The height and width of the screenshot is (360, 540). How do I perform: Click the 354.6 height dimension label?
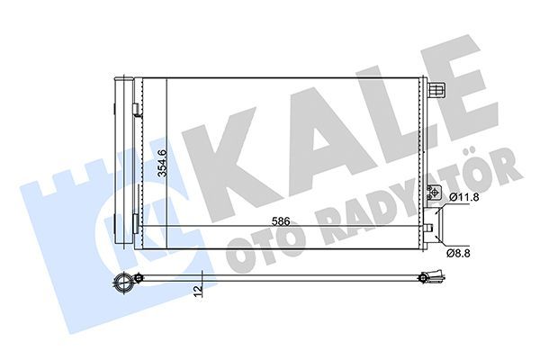[x=162, y=163]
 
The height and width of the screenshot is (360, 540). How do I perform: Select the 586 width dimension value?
[x=281, y=221]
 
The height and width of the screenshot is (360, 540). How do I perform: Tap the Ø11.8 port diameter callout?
[x=459, y=198]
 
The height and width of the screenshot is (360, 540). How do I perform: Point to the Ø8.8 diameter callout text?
[x=458, y=254]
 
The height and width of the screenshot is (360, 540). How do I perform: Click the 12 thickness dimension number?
[x=198, y=292]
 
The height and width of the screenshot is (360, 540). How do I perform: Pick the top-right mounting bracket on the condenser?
[x=436, y=90]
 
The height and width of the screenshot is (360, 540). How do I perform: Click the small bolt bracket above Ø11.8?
[x=434, y=193]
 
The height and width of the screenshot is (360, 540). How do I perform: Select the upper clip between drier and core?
[x=136, y=109]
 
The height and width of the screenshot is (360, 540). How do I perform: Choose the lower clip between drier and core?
[x=136, y=223]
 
